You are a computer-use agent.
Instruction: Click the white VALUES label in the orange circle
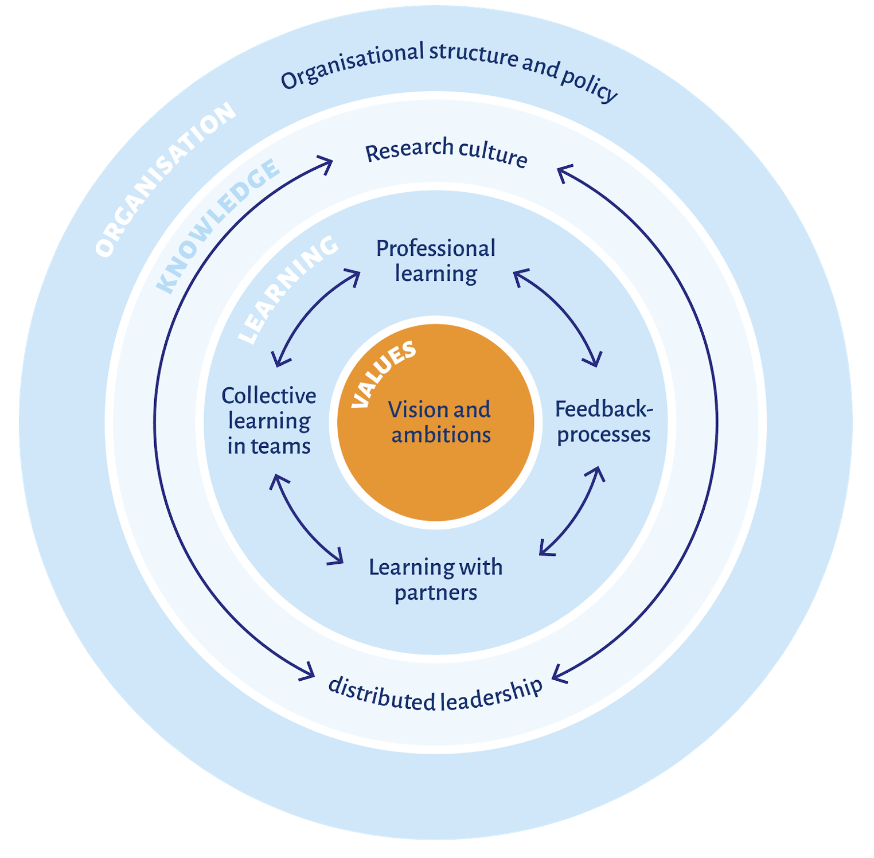(383, 374)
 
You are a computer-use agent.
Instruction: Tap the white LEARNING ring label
(288, 290)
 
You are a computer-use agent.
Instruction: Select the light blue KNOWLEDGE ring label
(218, 227)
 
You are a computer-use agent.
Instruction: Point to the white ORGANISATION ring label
(165, 179)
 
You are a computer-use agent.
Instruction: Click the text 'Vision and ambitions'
(440, 422)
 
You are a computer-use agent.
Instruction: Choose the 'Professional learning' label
(436, 261)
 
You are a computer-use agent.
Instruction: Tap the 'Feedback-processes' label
(604, 422)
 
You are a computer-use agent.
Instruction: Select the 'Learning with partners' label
(436, 579)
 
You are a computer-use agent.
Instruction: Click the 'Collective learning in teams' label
(269, 421)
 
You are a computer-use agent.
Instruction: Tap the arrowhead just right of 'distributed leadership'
(559, 674)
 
